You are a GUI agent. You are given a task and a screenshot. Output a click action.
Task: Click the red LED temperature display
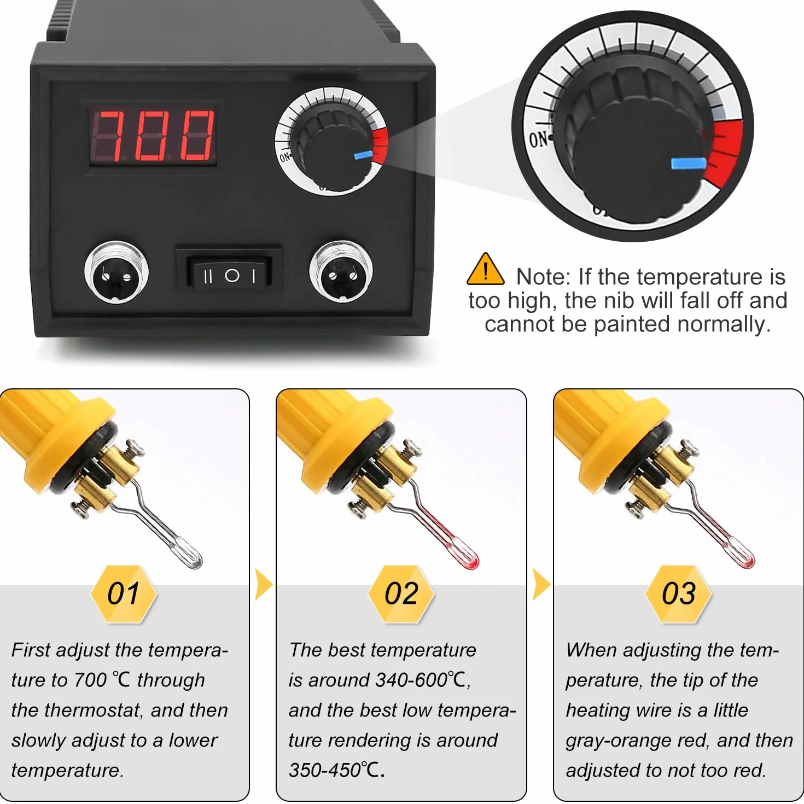tap(153, 135)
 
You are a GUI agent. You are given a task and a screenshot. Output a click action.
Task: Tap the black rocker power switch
tap(229, 275)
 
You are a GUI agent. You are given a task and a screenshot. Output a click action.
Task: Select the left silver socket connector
tap(116, 272)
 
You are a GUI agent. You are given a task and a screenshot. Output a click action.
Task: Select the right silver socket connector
tap(341, 272)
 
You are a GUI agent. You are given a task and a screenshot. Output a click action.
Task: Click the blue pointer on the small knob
tap(363, 156)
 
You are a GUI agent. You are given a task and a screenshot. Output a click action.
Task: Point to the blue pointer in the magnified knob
tap(689, 163)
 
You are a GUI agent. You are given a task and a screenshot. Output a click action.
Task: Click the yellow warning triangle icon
tap(485, 269)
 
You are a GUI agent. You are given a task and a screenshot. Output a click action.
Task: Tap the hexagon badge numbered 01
tap(124, 594)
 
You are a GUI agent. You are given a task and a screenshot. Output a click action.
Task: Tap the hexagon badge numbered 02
tap(401, 594)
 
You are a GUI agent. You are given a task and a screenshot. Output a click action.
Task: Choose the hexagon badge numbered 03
tap(678, 594)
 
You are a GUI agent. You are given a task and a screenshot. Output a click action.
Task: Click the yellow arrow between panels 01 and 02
tap(264, 584)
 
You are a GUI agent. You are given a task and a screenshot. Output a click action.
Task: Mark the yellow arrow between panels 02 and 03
tap(541, 584)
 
